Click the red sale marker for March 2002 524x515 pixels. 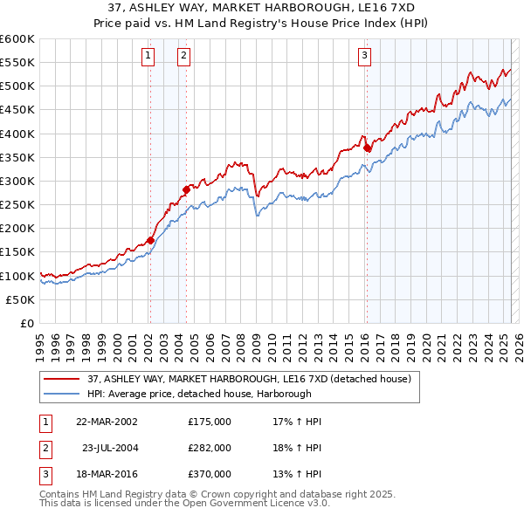click(x=150, y=240)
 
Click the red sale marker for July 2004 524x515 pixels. click(x=186, y=189)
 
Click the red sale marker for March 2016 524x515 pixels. click(x=367, y=148)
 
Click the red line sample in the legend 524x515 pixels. click(x=61, y=379)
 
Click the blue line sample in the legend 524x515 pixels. click(x=61, y=394)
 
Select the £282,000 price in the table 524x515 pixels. click(x=210, y=448)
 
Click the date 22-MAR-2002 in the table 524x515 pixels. click(x=106, y=422)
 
